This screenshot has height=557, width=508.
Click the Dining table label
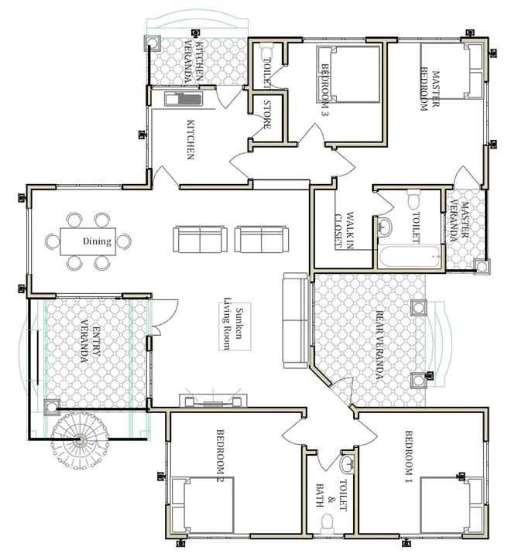[x=97, y=241]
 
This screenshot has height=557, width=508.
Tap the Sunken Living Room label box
[x=235, y=326]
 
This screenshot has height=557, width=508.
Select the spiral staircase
[x=79, y=440]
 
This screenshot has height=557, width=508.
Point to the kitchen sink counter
[x=184, y=99]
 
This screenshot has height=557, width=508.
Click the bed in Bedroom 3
[x=348, y=74]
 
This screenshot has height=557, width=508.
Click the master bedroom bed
[x=451, y=70]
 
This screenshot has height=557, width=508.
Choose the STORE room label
[x=267, y=114]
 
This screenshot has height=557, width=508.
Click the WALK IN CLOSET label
[x=345, y=230]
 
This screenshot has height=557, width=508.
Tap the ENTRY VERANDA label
[x=91, y=345]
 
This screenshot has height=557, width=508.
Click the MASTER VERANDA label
[x=459, y=222]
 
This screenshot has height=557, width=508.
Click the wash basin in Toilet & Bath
[x=347, y=463]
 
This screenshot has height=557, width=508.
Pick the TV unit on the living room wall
[x=214, y=401]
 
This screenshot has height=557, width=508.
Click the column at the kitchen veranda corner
[x=153, y=43]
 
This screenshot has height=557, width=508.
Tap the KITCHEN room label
[x=191, y=139]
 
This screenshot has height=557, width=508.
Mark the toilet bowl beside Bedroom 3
[x=266, y=53]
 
